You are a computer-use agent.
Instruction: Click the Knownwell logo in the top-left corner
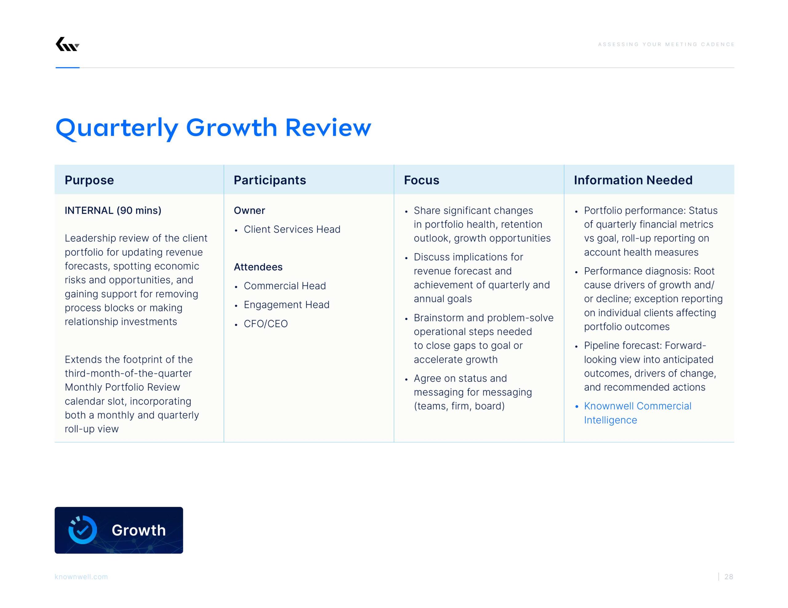pyautogui.click(x=67, y=44)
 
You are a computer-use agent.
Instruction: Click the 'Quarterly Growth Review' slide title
pyautogui.click(x=213, y=128)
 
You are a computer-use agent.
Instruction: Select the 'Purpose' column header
pyautogui.click(x=89, y=180)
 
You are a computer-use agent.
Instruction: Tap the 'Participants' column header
pyautogui.click(x=270, y=180)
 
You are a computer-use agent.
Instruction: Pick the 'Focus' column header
pyautogui.click(x=421, y=180)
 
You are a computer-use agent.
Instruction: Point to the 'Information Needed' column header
pyautogui.click(x=633, y=180)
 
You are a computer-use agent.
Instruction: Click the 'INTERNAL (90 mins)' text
pyautogui.click(x=113, y=211)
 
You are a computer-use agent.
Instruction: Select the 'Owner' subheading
pyautogui.click(x=249, y=211)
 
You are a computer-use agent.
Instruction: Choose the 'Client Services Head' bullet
pyautogui.click(x=292, y=229)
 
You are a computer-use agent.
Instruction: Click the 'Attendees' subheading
pyautogui.click(x=258, y=267)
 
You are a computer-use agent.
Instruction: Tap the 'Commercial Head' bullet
pyautogui.click(x=285, y=286)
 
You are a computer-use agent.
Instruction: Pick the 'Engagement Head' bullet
pyautogui.click(x=287, y=305)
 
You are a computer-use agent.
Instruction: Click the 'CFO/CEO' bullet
pyautogui.click(x=266, y=324)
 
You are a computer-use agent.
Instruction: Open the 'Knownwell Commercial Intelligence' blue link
pyautogui.click(x=637, y=413)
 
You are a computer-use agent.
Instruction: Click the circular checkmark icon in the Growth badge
pyautogui.click(x=82, y=530)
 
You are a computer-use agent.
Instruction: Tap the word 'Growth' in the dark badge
pyautogui.click(x=139, y=530)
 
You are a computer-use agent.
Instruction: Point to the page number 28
pyautogui.click(x=729, y=577)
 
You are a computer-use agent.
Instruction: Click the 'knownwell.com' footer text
pyautogui.click(x=81, y=577)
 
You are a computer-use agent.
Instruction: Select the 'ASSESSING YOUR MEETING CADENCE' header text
pyautogui.click(x=666, y=44)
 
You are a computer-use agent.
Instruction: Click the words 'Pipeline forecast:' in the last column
pyautogui.click(x=623, y=345)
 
